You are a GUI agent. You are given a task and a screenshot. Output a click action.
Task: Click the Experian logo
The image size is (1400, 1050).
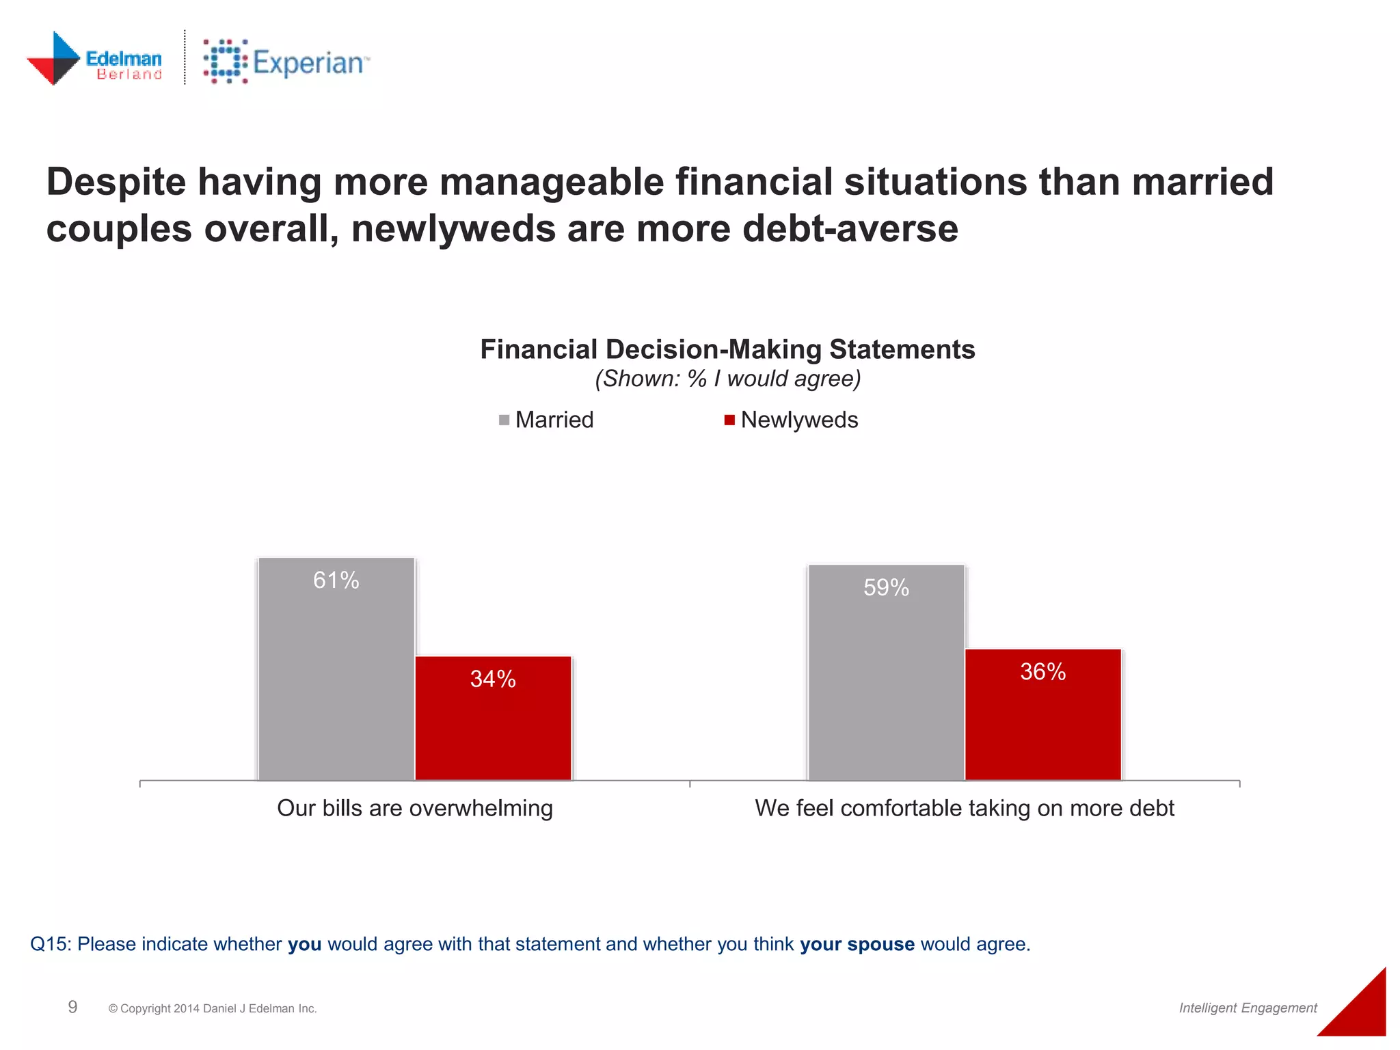[286, 62]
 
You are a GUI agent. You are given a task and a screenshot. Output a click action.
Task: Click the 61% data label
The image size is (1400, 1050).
[336, 580]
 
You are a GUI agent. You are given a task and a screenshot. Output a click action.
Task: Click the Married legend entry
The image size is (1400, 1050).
[547, 420]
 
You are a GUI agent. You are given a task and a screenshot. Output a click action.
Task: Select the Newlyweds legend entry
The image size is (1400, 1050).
[792, 420]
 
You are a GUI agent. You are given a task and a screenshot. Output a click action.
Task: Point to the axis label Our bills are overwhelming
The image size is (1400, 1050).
[415, 808]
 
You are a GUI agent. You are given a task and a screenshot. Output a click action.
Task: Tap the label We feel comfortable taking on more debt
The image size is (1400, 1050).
[965, 808]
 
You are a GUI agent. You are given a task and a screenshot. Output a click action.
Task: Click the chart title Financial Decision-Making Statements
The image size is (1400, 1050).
[727, 349]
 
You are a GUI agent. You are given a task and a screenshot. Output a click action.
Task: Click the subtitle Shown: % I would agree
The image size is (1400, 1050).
[727, 379]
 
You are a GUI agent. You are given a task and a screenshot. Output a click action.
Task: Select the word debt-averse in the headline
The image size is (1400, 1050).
[850, 228]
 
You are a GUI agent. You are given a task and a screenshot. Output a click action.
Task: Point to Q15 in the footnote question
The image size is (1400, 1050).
[51, 944]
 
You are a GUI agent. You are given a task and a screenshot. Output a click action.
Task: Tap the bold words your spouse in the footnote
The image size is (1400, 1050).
[857, 944]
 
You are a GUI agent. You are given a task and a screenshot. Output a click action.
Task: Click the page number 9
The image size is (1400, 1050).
[72, 1007]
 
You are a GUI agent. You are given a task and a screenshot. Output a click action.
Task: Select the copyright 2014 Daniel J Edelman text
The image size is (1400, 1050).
[213, 1008]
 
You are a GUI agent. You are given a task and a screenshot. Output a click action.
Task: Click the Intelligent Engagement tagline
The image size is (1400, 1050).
[1248, 1008]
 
